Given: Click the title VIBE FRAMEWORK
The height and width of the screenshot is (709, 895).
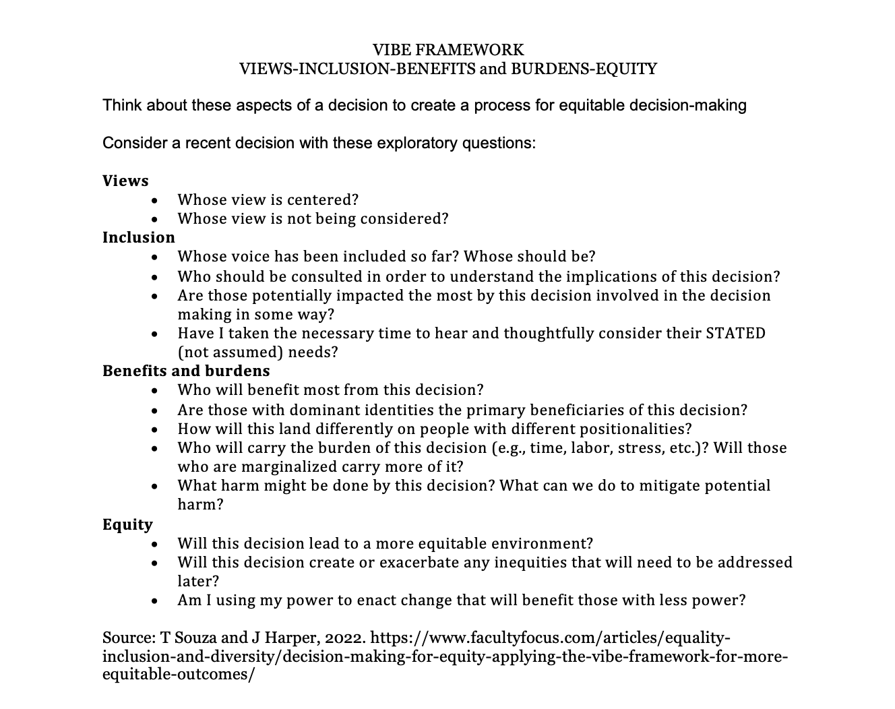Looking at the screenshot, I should tap(448, 50).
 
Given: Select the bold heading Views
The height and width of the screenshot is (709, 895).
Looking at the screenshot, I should tap(125, 181).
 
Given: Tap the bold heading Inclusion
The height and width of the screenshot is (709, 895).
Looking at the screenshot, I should tap(138, 237).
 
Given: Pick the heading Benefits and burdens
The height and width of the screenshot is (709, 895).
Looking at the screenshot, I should tap(186, 371).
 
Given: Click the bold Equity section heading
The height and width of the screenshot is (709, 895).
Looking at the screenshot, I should tap(127, 524).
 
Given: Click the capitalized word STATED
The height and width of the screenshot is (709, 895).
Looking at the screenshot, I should tap(735, 333).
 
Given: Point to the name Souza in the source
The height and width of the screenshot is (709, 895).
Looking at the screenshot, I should tap(193, 638).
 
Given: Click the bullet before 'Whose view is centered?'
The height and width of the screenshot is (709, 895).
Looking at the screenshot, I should tap(156, 200).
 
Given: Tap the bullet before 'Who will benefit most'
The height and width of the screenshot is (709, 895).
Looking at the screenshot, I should tap(156, 390).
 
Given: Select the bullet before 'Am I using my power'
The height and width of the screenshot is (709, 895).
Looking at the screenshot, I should tap(156, 600).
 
